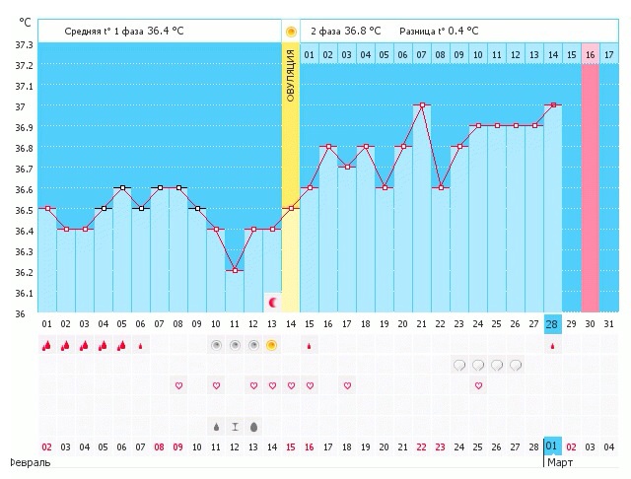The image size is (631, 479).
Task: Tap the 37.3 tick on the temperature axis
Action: [20, 45]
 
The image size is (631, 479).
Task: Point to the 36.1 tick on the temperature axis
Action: [20, 294]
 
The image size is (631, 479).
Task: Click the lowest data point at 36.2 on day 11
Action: [234, 270]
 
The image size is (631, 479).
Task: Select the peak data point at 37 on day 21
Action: [422, 104]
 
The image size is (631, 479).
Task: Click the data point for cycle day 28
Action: [553, 104]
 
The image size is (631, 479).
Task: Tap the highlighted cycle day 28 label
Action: [553, 324]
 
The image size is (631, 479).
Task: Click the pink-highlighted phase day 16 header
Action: [591, 53]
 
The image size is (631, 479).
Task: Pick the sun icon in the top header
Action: [291, 32]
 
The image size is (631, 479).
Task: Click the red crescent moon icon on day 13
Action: [272, 303]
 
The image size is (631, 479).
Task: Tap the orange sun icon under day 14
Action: [272, 345]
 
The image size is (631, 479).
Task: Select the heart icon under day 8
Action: [178, 385]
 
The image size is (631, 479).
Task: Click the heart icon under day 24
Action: [478, 385]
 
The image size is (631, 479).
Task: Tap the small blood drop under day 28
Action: [553, 346]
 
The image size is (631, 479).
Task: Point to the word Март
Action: [560, 461]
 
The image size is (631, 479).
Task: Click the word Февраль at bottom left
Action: [24, 461]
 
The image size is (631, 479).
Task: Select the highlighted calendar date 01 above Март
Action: [552, 445]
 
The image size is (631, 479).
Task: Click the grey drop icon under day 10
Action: [216, 427]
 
